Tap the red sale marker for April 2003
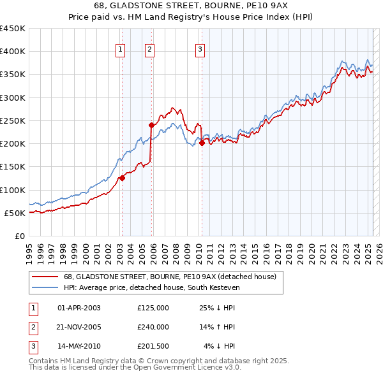[x=122, y=178]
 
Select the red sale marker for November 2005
[x=151, y=125]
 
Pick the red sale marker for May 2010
[x=202, y=143]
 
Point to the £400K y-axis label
[x=13, y=52]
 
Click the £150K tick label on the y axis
[x=13, y=167]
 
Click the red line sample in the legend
[x=43, y=277]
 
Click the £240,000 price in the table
[x=153, y=327]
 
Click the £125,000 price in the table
[x=153, y=308]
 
